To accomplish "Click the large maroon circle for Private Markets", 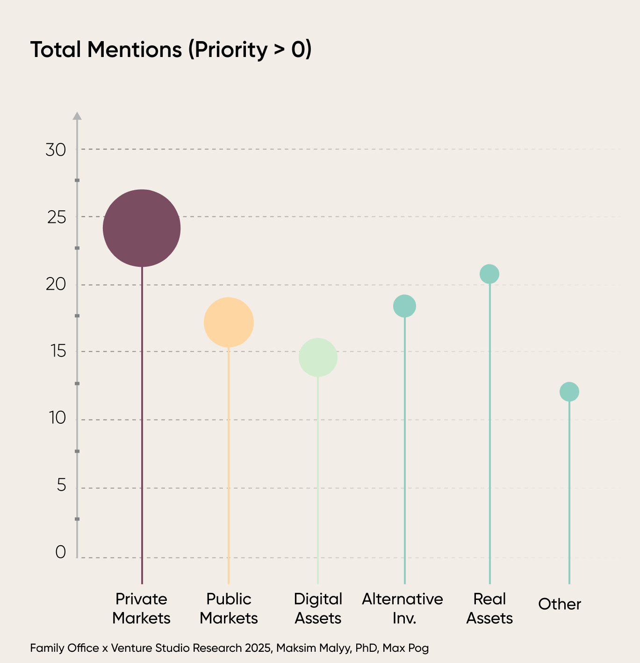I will (142, 228).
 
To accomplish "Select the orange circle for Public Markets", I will (229, 322).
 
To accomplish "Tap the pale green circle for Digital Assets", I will (318, 357).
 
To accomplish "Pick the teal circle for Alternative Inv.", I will (404, 306).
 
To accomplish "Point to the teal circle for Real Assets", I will (489, 274).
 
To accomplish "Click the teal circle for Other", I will (569, 392).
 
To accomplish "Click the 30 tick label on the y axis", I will (56, 150).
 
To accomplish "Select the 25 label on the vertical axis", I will (56, 217).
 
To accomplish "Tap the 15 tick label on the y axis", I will (58, 351).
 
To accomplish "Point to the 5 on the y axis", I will (61, 486).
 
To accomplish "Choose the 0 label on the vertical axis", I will (61, 552).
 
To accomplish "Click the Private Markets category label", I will (141, 608).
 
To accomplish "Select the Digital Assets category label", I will (318, 608).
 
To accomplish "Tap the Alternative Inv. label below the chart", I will (403, 608).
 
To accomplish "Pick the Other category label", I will (560, 604).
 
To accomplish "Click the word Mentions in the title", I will (134, 50).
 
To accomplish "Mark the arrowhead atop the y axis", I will (77, 116).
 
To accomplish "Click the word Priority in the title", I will (228, 50).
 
